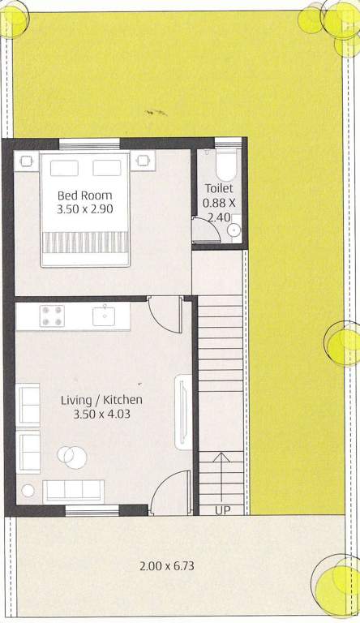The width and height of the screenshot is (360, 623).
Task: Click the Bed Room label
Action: (x=84, y=195)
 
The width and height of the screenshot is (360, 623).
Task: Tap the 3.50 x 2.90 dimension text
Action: (x=84, y=209)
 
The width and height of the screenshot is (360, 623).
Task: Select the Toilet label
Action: (x=219, y=188)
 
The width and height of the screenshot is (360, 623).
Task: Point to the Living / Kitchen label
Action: (x=101, y=400)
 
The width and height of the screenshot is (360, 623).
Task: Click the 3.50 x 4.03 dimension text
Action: (x=101, y=414)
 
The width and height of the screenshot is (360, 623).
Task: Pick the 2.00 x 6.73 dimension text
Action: (x=167, y=565)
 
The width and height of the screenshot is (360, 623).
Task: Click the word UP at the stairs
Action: (x=222, y=510)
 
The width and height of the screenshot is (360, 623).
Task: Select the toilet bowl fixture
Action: (x=225, y=165)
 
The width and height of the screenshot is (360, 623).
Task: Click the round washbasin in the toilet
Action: (x=235, y=230)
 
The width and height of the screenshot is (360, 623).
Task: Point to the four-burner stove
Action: (x=52, y=316)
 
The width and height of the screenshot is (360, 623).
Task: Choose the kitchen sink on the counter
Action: (x=104, y=316)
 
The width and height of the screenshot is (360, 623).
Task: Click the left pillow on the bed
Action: (x=64, y=168)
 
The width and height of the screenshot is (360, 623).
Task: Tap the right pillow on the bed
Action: (x=107, y=168)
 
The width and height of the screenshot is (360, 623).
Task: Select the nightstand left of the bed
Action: (x=27, y=161)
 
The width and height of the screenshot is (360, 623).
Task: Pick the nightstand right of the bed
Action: (x=143, y=161)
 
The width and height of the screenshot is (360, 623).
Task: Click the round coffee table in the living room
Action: (x=72, y=457)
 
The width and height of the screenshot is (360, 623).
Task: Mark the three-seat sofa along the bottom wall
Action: (x=74, y=492)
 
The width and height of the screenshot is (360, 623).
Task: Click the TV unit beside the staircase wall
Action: (x=183, y=412)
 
